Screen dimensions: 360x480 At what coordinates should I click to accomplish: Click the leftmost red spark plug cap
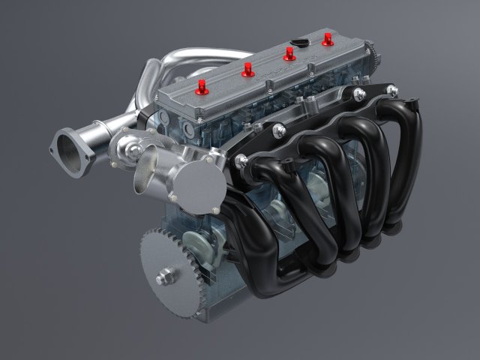click(x=200, y=90)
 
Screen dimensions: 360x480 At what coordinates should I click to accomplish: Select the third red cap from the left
click(x=288, y=54)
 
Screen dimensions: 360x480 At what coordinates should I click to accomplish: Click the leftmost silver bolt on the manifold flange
click(x=244, y=159)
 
